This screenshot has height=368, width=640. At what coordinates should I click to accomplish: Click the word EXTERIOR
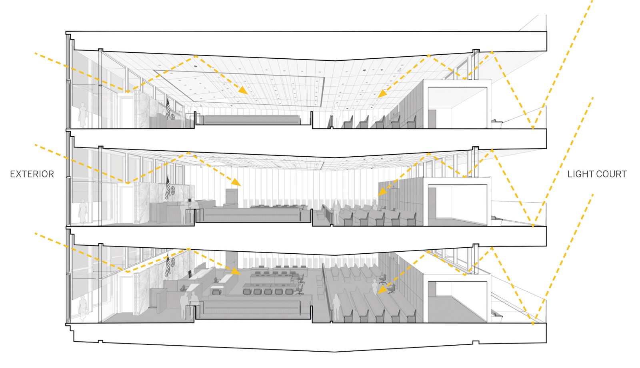[x=32, y=174]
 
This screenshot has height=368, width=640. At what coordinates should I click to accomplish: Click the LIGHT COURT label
[x=597, y=174]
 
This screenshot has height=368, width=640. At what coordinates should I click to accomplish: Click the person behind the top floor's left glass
[x=83, y=115]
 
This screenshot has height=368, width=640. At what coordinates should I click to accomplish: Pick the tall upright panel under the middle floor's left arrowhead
[x=232, y=197]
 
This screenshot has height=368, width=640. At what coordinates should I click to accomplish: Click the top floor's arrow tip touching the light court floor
[x=532, y=128]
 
